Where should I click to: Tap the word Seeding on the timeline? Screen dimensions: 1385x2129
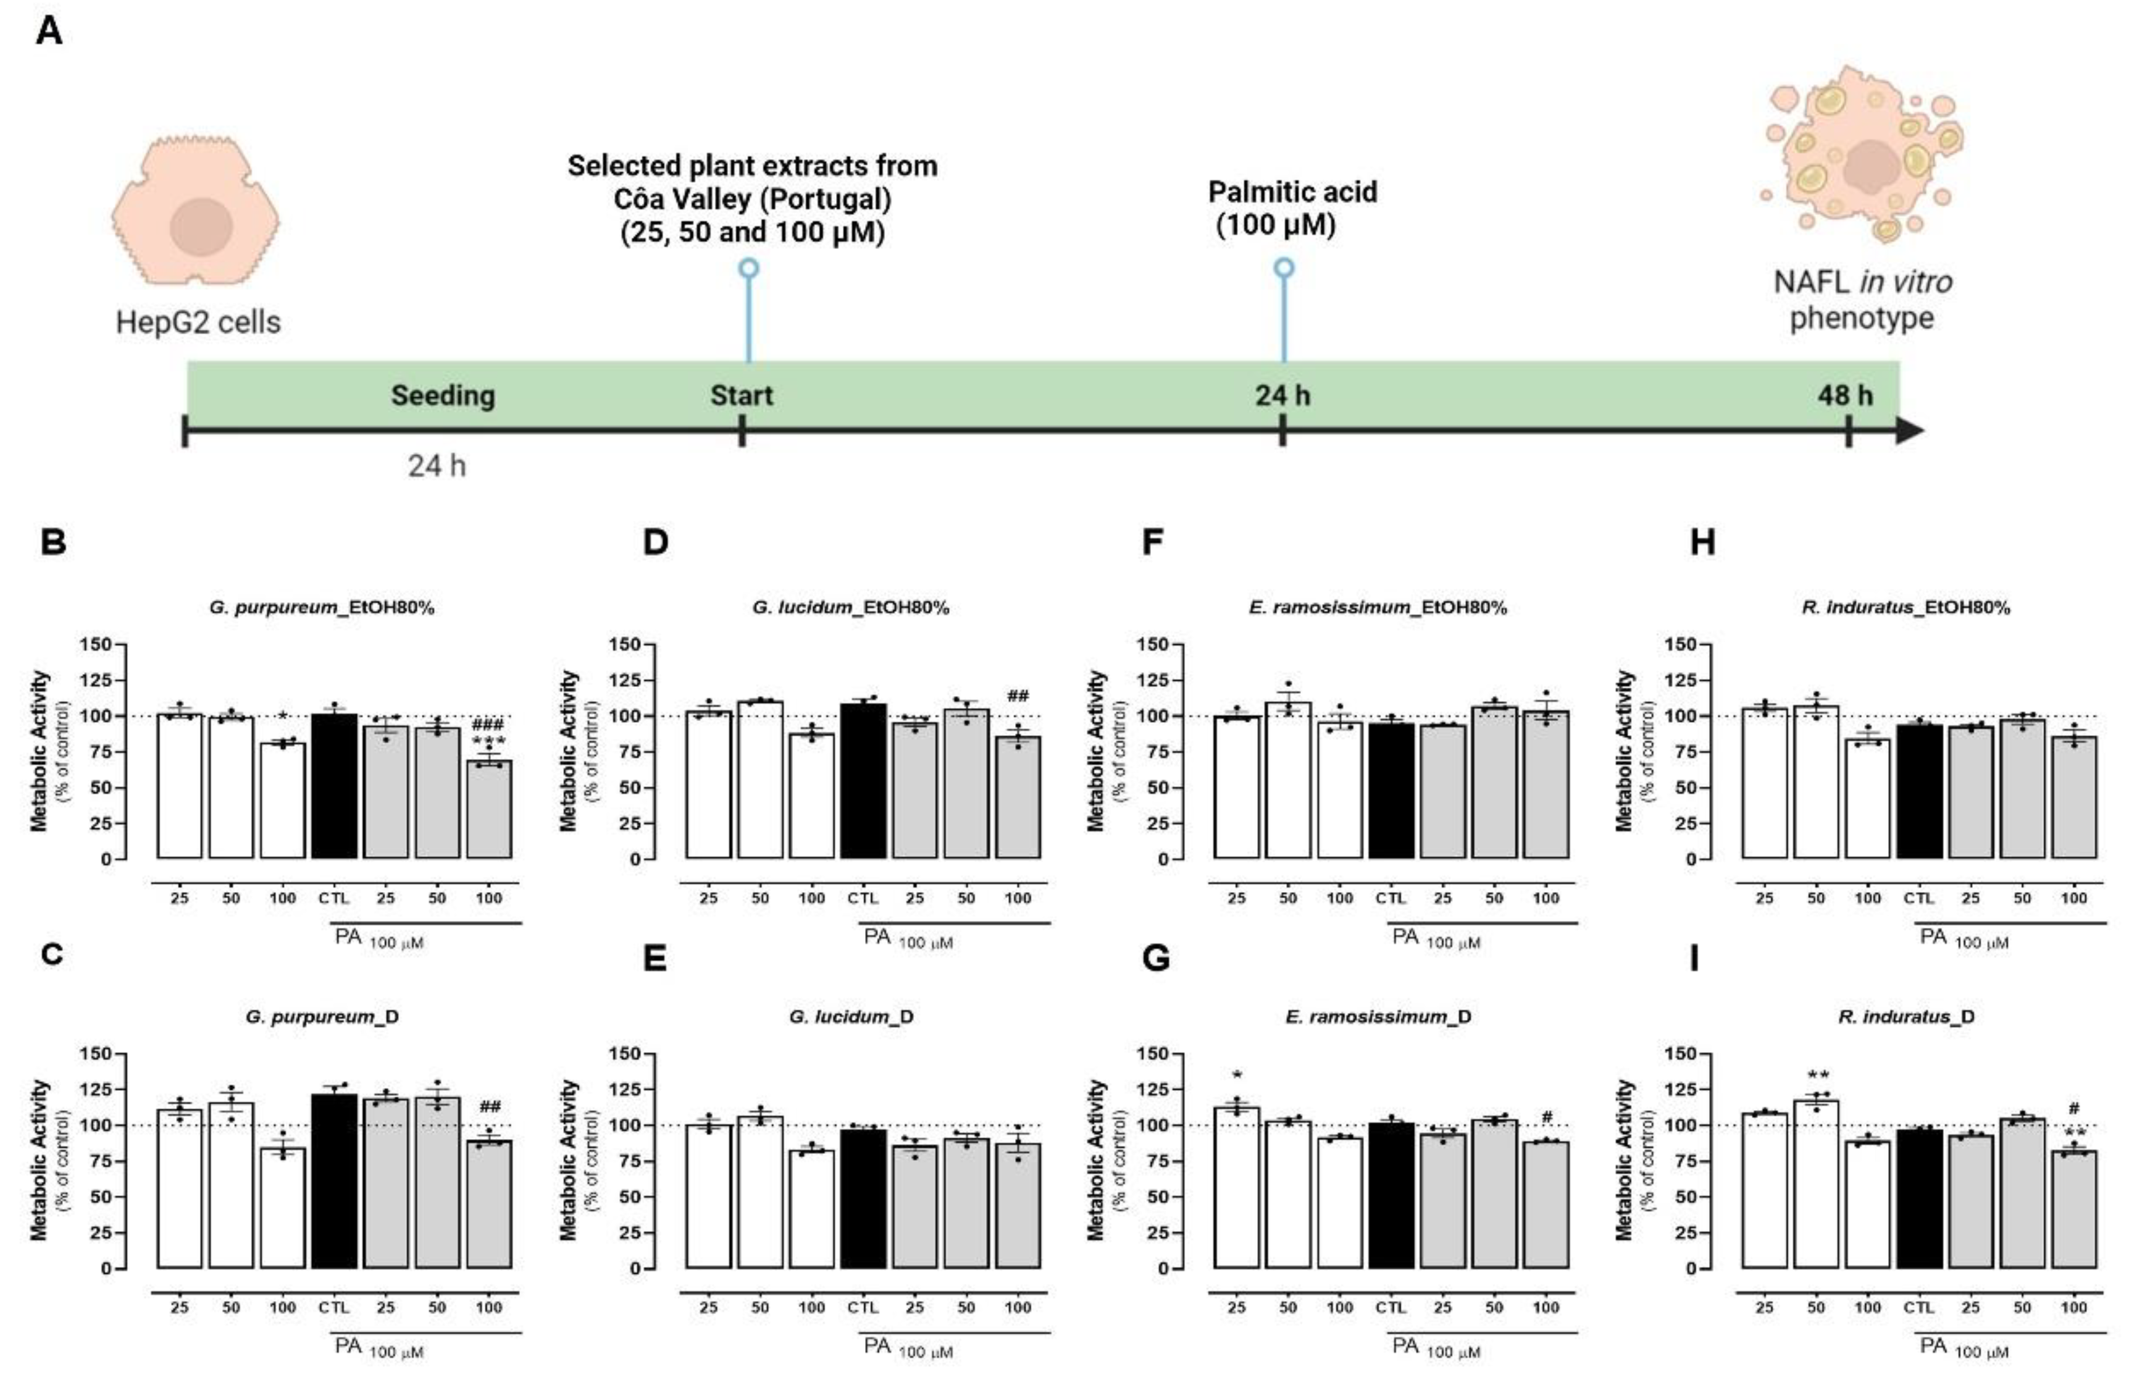coord(443,395)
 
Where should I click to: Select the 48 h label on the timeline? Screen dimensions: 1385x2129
coord(1844,395)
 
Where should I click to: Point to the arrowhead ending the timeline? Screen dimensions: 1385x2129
coord(1909,431)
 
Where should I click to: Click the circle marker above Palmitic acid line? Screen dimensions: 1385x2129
coord(1284,267)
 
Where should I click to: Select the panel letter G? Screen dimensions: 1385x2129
coord(1156,958)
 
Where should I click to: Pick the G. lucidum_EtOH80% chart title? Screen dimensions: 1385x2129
coord(851,607)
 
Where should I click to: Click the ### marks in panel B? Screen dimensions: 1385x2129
coord(488,725)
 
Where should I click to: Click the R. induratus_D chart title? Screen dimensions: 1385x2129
coord(1906,1016)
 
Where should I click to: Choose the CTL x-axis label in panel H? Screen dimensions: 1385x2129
coord(1920,898)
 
